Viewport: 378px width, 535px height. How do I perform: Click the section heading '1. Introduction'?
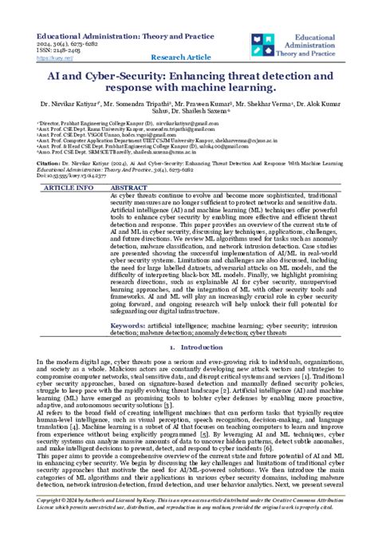[x=189, y=349]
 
